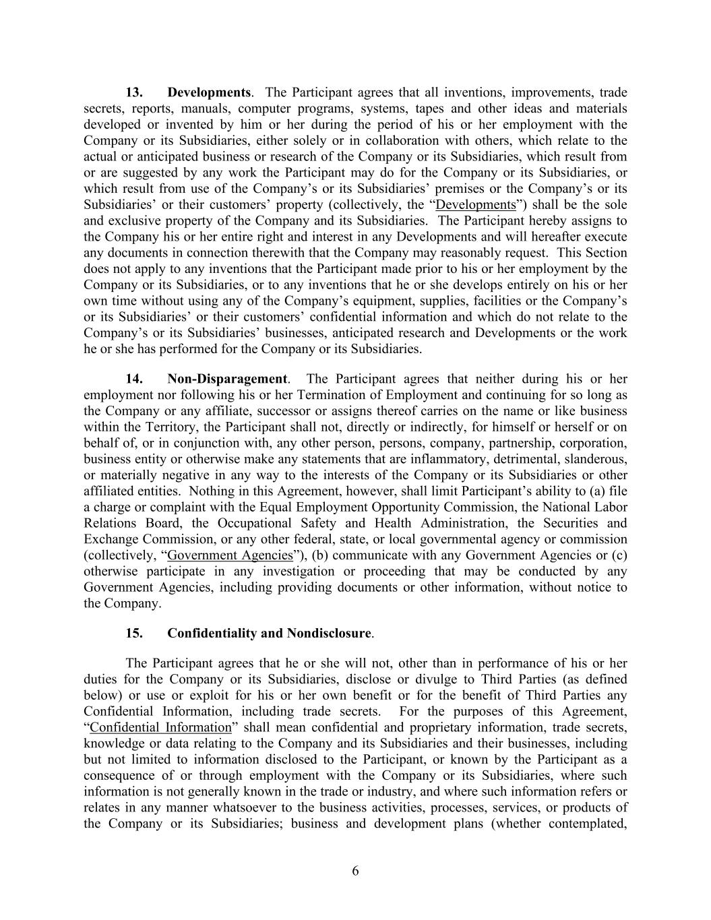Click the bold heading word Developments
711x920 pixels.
(x=209, y=92)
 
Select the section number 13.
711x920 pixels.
(x=134, y=92)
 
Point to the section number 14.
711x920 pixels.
(x=134, y=379)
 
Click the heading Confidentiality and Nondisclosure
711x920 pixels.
(x=269, y=634)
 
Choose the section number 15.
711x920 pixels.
(x=134, y=634)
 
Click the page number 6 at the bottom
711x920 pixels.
(x=355, y=871)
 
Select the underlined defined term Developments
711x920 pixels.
(x=476, y=205)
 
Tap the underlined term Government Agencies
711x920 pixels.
(x=230, y=555)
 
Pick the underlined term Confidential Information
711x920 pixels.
(x=160, y=727)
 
